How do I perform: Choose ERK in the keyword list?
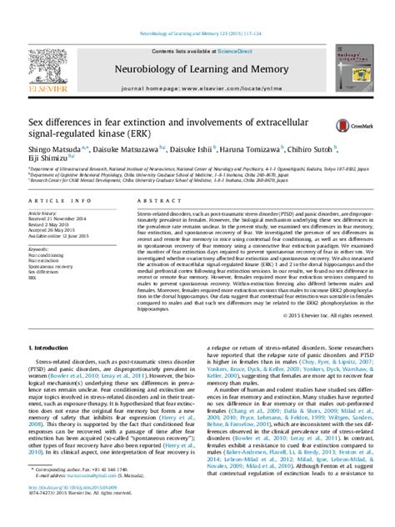pyautogui.click(x=33, y=278)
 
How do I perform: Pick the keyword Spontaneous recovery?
pyautogui.click(x=51, y=266)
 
